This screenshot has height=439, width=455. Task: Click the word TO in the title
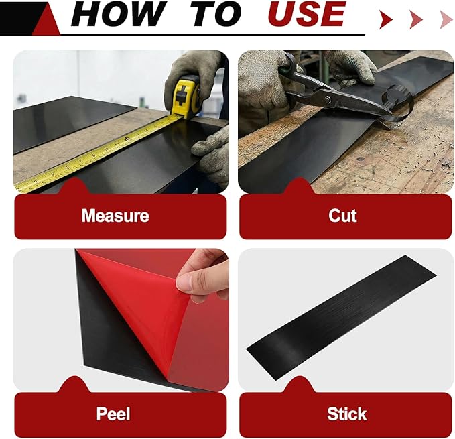pos(216,13)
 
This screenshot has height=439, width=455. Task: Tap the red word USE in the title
pos(306,13)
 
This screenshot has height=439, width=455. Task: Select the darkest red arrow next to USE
pos(386,19)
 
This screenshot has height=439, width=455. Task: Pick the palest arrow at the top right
pos(446,19)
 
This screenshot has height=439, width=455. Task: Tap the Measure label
pos(115,216)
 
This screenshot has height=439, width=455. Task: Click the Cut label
pos(342,216)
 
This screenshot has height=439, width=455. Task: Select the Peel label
pos(113,414)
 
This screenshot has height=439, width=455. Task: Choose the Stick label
pos(346,414)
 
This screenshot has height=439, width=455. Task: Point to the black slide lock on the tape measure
pos(180,96)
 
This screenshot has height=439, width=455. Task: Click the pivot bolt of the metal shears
pos(328,99)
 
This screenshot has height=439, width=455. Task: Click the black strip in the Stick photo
pos(341,318)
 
